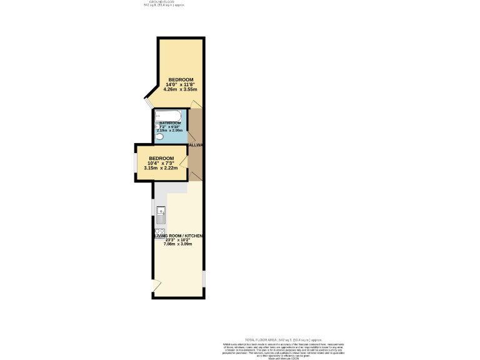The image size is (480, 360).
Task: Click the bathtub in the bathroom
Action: [168, 116]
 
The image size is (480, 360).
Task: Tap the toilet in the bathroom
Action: [159, 136]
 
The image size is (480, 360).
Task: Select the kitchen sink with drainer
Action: [161, 214]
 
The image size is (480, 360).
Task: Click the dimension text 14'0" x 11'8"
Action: [180, 84]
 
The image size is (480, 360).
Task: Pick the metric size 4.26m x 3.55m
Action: [180, 90]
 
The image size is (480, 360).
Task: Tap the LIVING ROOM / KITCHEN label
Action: [179, 235]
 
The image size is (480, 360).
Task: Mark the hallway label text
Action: [196, 146]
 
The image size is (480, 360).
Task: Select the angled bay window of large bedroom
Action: [149, 101]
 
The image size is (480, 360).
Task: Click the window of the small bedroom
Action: [136, 162]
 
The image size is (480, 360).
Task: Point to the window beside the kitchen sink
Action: [152, 206]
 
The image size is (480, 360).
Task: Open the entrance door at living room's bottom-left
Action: [156, 286]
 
